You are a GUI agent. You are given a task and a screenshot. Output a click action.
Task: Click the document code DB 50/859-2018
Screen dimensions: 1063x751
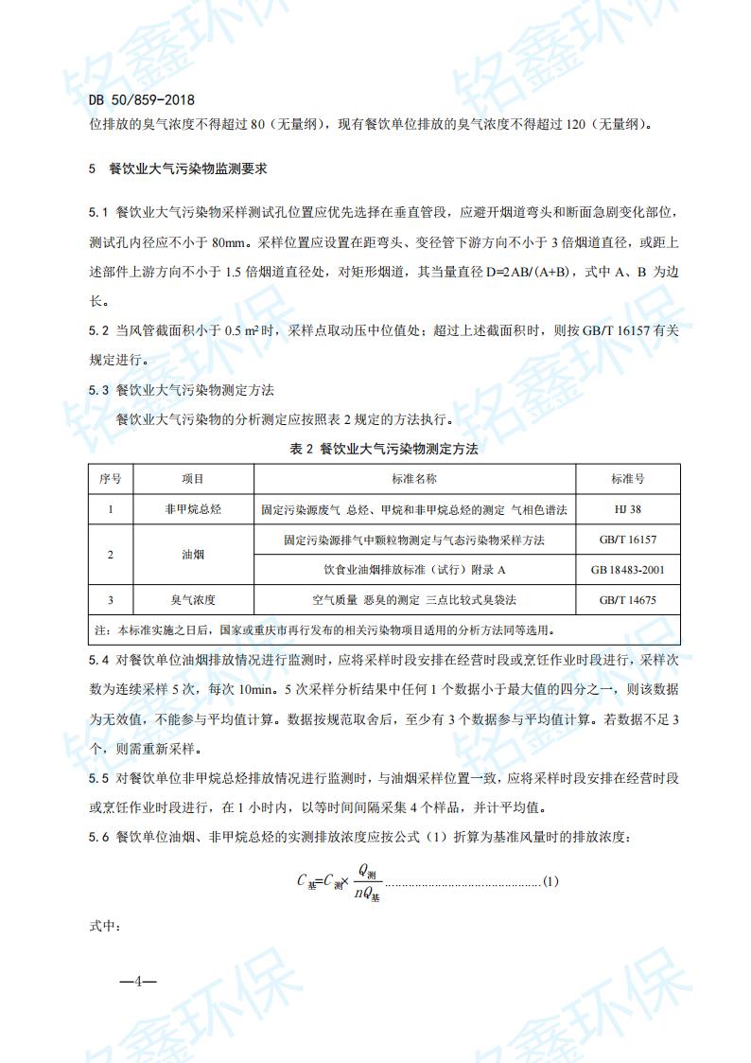pyautogui.click(x=141, y=97)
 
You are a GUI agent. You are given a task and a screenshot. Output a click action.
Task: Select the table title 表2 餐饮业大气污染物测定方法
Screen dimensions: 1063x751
pyautogui.click(x=384, y=449)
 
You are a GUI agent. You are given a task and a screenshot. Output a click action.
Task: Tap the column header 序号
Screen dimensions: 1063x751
pyautogui.click(x=111, y=480)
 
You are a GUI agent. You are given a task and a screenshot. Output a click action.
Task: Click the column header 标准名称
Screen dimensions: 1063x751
pyautogui.click(x=414, y=480)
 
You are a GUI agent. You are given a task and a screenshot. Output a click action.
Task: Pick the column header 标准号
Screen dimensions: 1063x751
pyautogui.click(x=627, y=480)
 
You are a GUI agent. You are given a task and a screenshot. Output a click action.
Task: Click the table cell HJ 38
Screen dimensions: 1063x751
pyautogui.click(x=627, y=509)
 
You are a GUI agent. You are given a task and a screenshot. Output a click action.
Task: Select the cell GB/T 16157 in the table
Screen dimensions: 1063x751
pyautogui.click(x=627, y=540)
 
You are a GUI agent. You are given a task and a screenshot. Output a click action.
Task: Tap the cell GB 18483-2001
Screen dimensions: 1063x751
pyautogui.click(x=627, y=570)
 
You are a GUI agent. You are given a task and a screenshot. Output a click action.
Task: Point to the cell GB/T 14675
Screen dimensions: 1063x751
pyautogui.click(x=627, y=600)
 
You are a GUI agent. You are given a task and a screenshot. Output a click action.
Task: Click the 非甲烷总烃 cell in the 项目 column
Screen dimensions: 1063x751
pyautogui.click(x=193, y=509)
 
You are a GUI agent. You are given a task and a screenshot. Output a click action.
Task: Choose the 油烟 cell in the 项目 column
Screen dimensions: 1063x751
pyautogui.click(x=193, y=555)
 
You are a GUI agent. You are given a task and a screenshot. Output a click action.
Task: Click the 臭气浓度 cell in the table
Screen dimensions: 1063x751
pyautogui.click(x=193, y=600)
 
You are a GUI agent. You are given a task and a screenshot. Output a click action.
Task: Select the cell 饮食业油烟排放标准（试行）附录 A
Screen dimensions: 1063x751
pyautogui.click(x=414, y=570)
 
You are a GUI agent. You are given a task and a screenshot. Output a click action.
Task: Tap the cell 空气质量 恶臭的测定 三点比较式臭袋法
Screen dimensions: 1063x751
pyautogui.click(x=414, y=600)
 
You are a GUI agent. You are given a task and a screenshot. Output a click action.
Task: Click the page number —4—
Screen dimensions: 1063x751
pyautogui.click(x=137, y=981)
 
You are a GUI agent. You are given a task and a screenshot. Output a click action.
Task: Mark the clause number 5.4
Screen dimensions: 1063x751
pyautogui.click(x=99, y=659)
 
